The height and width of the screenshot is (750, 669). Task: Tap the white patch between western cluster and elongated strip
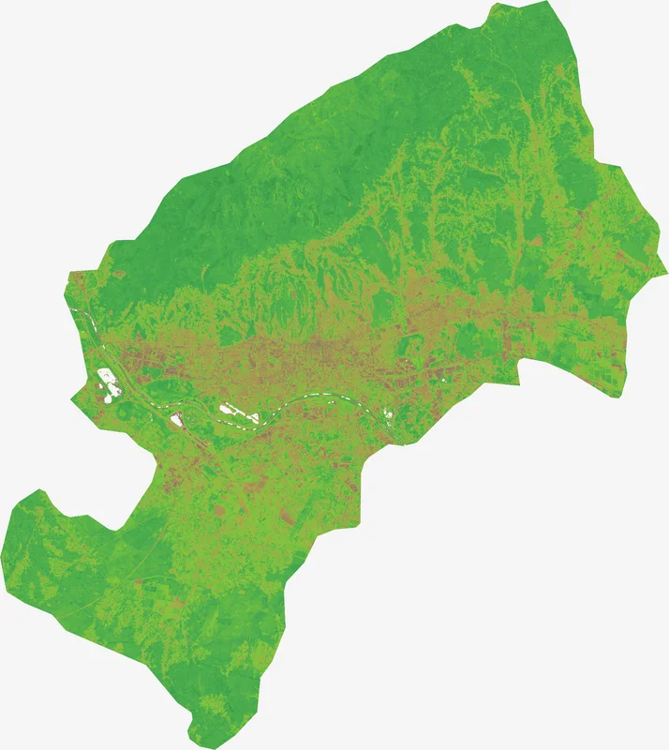(x=175, y=420)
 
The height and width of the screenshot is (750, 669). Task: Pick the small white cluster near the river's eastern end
(x=388, y=412)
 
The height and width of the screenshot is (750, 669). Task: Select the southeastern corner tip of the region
(x=616, y=397)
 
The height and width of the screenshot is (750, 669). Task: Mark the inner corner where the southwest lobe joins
(x=120, y=531)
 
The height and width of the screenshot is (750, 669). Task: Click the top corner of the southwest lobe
(x=40, y=490)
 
